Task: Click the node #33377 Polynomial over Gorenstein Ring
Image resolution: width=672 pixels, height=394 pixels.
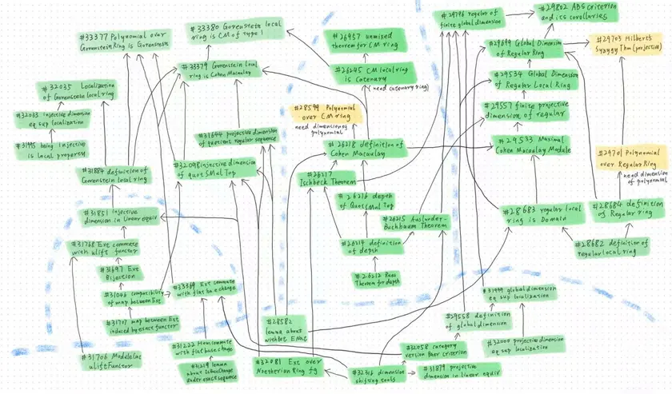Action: pos(126,42)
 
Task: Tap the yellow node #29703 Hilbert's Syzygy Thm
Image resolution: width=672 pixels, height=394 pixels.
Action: pos(626,46)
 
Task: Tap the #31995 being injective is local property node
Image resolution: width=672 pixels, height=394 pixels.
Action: pos(54,149)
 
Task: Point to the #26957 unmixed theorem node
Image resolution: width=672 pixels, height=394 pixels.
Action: pos(369,41)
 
